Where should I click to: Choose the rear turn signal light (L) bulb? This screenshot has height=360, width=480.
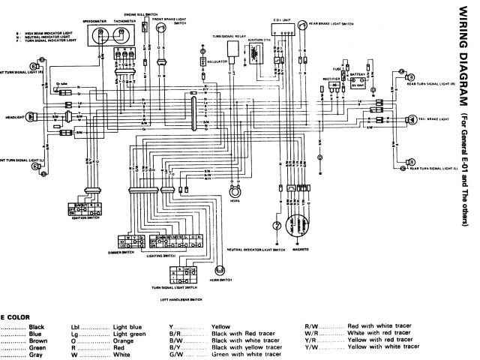[411, 163]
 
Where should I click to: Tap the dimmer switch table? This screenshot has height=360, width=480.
[134, 241]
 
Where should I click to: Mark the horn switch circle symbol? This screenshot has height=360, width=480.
[220, 270]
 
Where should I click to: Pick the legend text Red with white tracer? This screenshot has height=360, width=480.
[376, 328]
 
